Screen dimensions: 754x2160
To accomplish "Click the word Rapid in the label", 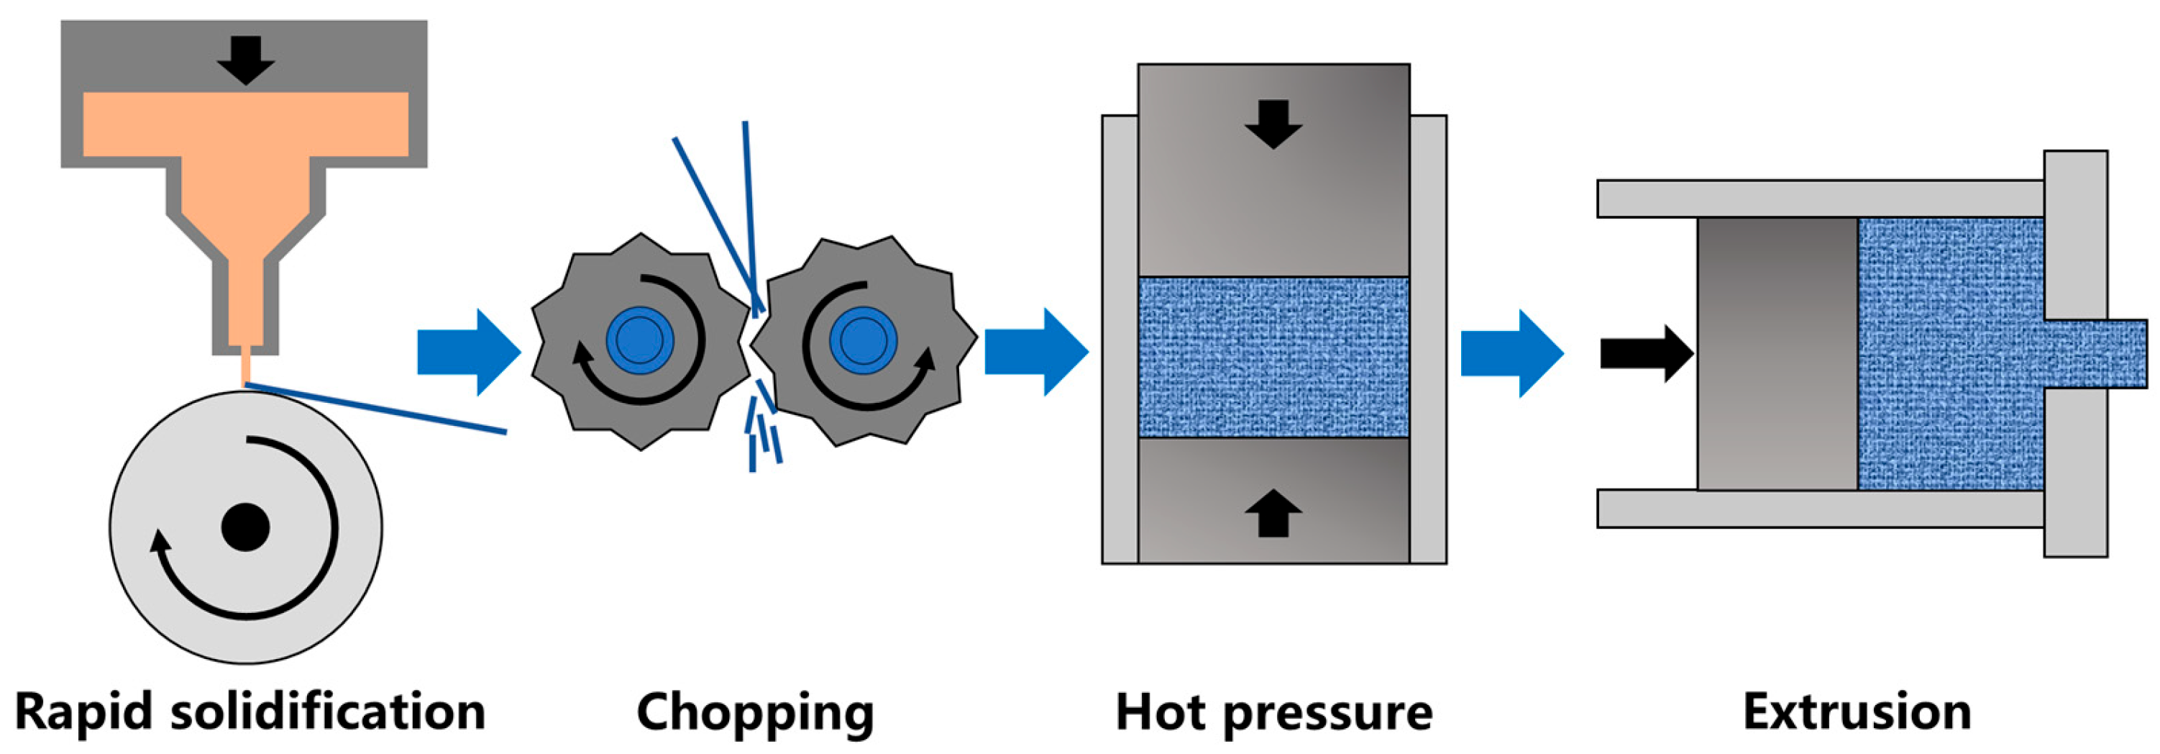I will [x=84, y=713].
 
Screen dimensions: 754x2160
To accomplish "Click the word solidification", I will [x=328, y=712].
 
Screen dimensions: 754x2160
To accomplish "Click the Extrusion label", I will [x=1857, y=713].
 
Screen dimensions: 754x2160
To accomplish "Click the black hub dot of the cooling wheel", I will [x=245, y=527].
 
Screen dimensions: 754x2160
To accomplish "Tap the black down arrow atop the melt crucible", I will [x=246, y=60].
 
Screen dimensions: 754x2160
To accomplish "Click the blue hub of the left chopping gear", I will [x=640, y=340].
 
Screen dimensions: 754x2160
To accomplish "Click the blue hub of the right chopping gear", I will [x=863, y=340].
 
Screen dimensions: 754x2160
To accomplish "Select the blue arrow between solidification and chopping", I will [x=469, y=353].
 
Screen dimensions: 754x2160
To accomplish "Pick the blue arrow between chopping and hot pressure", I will [x=1036, y=353].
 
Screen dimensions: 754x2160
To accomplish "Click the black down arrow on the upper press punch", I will [x=1273, y=124].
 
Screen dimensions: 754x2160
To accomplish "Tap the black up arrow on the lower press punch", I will [x=1273, y=512].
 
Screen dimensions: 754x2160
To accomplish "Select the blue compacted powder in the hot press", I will [x=1273, y=356].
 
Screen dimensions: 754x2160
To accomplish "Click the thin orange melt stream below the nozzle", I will [x=246, y=370].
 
